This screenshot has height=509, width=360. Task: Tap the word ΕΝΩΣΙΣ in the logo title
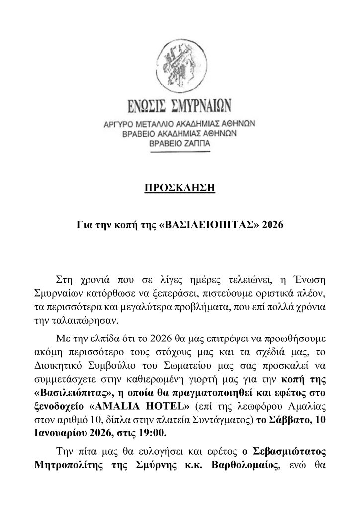[147, 107]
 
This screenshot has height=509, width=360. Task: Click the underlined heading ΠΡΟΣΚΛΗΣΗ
[180, 187]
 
